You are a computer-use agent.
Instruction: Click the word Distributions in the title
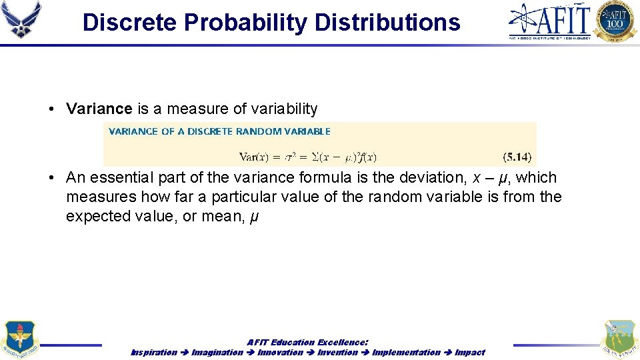387,22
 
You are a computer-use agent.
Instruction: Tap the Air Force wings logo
22,20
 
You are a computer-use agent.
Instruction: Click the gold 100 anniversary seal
615,21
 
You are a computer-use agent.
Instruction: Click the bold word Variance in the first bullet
99,109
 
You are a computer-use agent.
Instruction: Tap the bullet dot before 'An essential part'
51,178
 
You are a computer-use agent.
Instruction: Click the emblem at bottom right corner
618,339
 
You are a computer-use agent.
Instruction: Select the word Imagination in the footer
217,352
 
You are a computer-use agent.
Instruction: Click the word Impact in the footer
469,352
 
